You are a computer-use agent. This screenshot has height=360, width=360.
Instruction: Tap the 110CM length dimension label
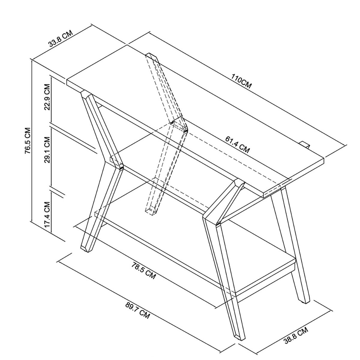pos(241,81)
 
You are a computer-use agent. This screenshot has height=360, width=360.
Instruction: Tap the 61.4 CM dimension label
pos(237,145)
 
